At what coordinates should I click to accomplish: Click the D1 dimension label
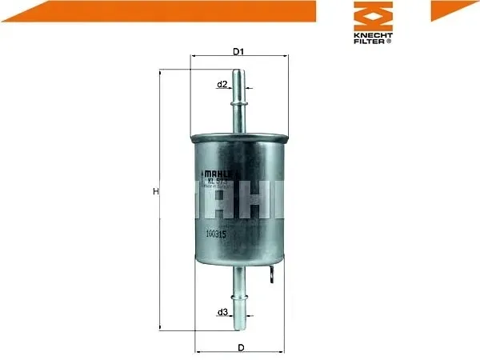click(238, 52)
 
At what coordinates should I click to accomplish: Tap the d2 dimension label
click(223, 84)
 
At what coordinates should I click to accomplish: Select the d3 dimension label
click(223, 312)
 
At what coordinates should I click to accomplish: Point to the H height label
click(156, 192)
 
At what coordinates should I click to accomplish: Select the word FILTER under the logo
click(370, 42)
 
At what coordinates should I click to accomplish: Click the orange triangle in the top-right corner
click(452, 10)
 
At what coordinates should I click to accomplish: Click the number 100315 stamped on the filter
click(216, 234)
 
